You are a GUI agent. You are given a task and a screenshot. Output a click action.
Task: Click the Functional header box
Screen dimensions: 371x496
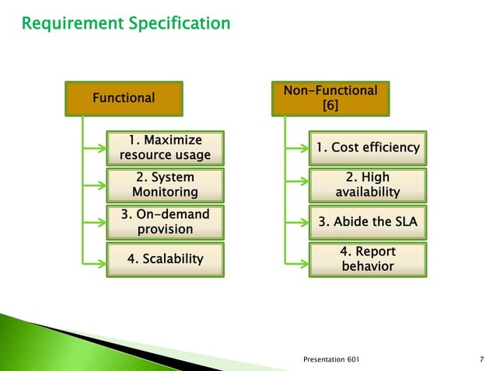[124, 98]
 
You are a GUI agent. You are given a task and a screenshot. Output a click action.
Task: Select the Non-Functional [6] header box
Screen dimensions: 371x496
[330, 98]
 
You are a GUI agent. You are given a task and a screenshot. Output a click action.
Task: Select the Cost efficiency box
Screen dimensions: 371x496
[366, 147]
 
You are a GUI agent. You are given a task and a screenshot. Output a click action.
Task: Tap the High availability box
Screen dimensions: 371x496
[366, 185]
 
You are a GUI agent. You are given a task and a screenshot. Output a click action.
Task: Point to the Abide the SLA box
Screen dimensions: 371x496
[366, 223]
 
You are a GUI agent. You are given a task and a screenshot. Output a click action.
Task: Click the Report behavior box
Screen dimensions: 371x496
[366, 259]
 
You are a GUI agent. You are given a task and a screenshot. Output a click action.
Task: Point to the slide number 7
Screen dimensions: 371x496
[483, 360]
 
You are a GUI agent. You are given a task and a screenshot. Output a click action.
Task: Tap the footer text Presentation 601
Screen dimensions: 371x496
[330, 360]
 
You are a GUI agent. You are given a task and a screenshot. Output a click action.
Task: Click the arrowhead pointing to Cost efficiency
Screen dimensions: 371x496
[306, 147]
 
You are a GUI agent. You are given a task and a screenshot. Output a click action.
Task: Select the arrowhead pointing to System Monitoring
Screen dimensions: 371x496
[104, 185]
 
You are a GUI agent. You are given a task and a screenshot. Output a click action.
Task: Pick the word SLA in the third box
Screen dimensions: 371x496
[403, 223]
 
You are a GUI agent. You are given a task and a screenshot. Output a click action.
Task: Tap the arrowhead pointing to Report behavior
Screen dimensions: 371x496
[306, 259]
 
